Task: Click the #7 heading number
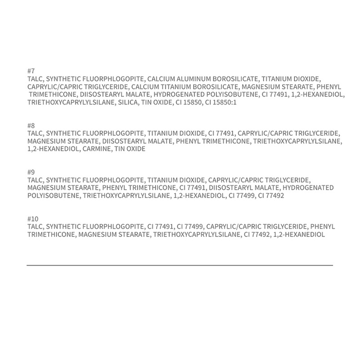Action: (x=32, y=71)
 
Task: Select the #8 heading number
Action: (x=32, y=126)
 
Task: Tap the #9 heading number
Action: (x=32, y=172)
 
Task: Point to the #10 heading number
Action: (x=33, y=219)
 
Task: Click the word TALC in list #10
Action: (x=35, y=227)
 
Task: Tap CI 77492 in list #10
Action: (x=257, y=234)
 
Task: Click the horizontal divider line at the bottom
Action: (x=180, y=265)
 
